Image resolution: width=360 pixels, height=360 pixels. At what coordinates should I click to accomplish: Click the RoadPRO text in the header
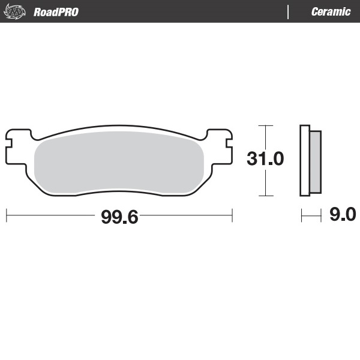pyautogui.click(x=56, y=11)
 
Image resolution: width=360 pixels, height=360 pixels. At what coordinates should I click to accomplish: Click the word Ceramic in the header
pyautogui.click(x=331, y=11)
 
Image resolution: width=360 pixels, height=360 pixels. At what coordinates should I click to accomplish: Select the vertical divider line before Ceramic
pyautogui.click(x=289, y=11)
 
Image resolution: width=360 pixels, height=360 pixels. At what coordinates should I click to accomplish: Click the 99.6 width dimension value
pyautogui.click(x=119, y=217)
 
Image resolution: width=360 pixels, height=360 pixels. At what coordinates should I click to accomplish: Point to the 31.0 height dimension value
pyautogui.click(x=265, y=159)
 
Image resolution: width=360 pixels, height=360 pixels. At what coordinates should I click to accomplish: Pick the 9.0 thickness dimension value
pyautogui.click(x=343, y=214)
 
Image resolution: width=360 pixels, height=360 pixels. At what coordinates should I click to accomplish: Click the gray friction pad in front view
pyautogui.click(x=119, y=162)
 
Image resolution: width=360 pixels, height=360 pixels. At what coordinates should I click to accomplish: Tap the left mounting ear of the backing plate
pyautogui.click(x=18, y=144)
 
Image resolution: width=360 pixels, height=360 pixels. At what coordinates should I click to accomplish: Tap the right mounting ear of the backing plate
pyautogui.click(x=221, y=144)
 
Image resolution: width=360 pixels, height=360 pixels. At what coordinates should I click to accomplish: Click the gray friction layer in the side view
pyautogui.click(x=316, y=160)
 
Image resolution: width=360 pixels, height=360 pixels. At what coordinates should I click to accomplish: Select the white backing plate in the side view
pyautogui.click(x=305, y=160)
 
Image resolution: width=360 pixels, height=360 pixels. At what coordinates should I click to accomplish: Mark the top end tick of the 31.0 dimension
pyautogui.click(x=265, y=125)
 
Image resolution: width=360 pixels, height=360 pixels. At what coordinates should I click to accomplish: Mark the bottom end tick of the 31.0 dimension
pyautogui.click(x=265, y=196)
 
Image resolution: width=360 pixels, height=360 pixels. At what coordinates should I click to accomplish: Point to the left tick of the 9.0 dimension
pyautogui.click(x=301, y=214)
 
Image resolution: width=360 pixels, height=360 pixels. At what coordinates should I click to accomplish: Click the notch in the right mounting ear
pyautogui.click(x=230, y=144)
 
